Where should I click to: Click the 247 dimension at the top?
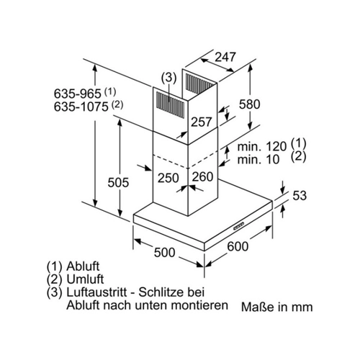tap(225, 57)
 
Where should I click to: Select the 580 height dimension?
tap(250, 104)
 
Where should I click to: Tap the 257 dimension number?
tap(202, 122)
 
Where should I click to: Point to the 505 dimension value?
tap(118, 182)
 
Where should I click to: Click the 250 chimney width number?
tap(168, 178)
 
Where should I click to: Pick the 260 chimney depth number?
tap(202, 177)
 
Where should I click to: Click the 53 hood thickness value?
tap(300, 196)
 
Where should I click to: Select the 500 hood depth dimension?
tap(164, 253)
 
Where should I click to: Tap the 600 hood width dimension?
tap(238, 246)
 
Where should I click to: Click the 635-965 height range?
tap(77, 94)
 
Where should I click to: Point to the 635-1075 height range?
tap(81, 107)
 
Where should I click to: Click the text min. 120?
tap(262, 146)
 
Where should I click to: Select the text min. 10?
tap(258, 159)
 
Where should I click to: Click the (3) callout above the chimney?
tap(169, 78)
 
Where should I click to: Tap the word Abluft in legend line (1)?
tap(83, 266)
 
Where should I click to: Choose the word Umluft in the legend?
tap(85, 279)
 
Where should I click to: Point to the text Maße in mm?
tap(276, 307)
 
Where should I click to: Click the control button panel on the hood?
tap(239, 226)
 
